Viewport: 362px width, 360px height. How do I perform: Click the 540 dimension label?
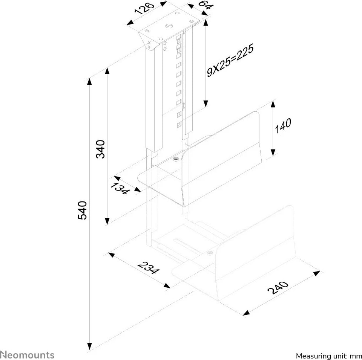[83, 210]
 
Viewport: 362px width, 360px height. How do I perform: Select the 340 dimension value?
[101, 149]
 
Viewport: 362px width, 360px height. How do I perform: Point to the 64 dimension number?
[203, 6]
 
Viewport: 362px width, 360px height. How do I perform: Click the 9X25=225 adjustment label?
[229, 61]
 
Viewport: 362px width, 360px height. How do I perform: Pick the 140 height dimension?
[283, 126]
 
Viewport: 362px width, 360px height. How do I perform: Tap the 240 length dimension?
[278, 288]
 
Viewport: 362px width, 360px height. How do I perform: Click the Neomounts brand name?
[27, 355]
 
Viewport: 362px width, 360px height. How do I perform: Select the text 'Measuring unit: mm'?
[328, 355]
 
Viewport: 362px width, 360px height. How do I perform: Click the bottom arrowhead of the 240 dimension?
[246, 312]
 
